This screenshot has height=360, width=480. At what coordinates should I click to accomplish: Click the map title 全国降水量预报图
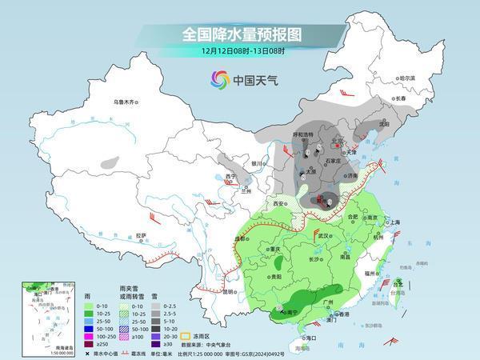[240, 34]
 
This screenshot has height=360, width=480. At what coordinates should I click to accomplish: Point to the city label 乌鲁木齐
[126, 102]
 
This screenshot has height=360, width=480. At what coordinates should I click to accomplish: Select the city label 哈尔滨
[407, 78]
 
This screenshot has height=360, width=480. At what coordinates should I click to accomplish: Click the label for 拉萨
[141, 235]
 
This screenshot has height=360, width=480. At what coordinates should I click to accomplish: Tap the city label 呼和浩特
[307, 135]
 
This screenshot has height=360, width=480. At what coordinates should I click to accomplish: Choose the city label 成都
[241, 238]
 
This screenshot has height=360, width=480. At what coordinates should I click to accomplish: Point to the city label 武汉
[324, 236]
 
